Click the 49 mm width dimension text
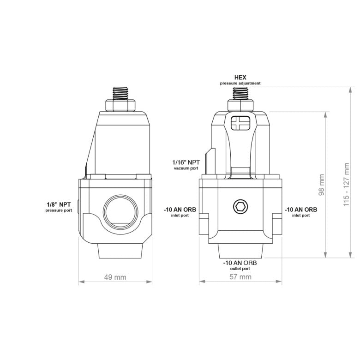115,277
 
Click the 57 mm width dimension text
240,277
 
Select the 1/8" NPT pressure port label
59,206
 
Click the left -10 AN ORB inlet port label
180,212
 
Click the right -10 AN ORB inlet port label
300,212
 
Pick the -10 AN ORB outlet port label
240,265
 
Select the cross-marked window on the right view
240,123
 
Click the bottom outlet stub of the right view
240,251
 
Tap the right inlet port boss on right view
277,225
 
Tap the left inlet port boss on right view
204,225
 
